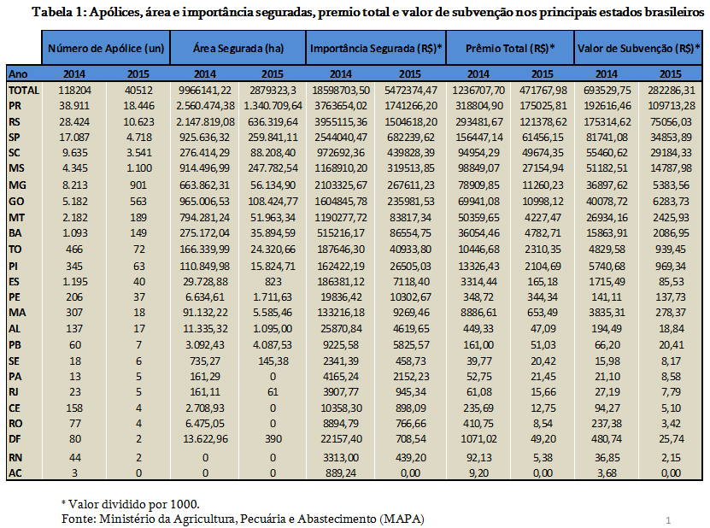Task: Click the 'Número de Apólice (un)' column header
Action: tap(106, 49)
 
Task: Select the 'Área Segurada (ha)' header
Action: tap(238, 49)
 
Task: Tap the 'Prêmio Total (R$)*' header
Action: tap(510, 49)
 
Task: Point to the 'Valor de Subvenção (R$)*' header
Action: tap(639, 49)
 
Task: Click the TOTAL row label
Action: tap(24, 90)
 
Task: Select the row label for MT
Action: tap(16, 218)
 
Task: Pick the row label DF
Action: tap(15, 439)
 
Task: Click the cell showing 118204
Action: tap(74, 90)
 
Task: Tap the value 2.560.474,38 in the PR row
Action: tap(205, 106)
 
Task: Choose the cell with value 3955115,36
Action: tap(341, 122)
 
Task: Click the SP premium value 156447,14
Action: tap(478, 138)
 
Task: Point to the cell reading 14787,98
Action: tap(671, 168)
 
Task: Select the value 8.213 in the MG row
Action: tap(74, 185)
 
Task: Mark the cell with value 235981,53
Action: tap(410, 201)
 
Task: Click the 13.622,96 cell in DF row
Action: tap(205, 439)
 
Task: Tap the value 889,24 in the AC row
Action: tap(341, 473)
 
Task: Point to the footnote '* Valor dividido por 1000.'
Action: tap(131, 504)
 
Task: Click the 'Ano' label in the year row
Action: tap(18, 73)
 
